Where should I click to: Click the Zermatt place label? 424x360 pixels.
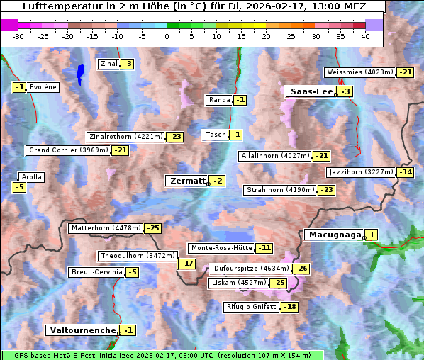pos(187,181)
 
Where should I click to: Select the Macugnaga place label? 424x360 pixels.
pos(333,235)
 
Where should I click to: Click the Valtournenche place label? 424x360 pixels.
pos(82,330)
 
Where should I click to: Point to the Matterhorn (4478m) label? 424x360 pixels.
pos(105,228)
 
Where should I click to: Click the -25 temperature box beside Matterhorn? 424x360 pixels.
pos(152,228)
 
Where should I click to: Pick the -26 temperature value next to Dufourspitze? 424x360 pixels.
pos(301,269)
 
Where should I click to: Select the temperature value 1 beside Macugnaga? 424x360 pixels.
pos(372,235)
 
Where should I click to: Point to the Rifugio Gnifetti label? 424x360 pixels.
pos(252,307)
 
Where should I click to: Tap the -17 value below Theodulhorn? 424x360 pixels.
pos(186,264)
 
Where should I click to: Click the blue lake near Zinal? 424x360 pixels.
pos(80,73)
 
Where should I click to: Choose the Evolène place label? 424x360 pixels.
pos(43,87)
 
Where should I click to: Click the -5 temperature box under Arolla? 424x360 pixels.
pos(19,187)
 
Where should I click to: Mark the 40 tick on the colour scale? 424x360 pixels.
pos(365,35)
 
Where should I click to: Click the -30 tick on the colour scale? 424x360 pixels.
pos(18,35)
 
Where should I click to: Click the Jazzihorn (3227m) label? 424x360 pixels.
pos(360,172)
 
